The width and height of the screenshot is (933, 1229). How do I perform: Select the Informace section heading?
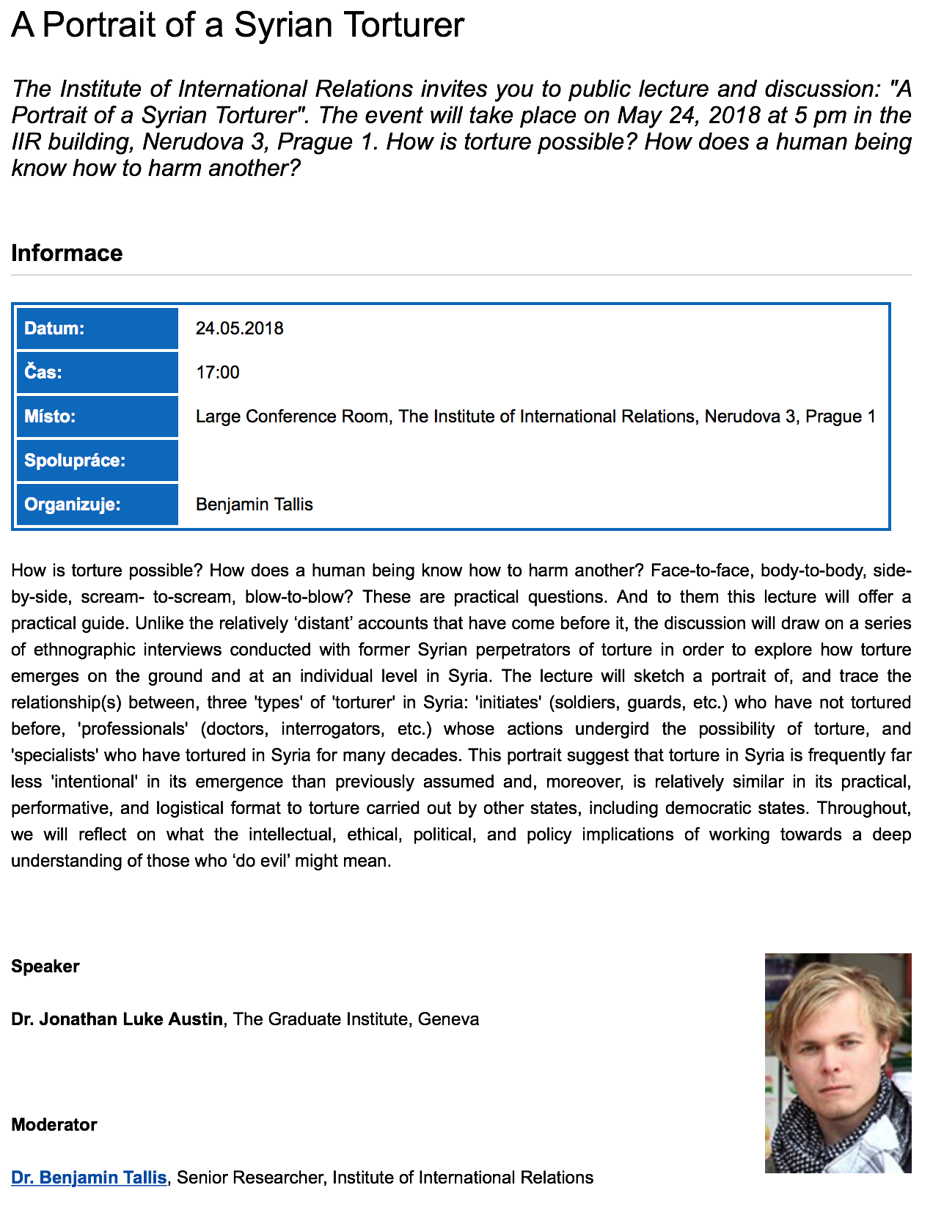67,253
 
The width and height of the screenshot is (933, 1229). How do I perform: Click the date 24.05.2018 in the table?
239,329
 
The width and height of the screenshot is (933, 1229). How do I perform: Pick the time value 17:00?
217,373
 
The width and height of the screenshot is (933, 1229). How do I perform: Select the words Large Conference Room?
292,417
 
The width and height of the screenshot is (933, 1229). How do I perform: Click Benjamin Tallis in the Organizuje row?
254,505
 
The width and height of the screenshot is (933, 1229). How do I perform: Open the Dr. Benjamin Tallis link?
89,1178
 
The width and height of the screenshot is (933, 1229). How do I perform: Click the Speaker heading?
45,966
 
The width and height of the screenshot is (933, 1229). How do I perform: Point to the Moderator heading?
54,1125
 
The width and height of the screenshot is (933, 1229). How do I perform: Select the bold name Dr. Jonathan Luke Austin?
117,1019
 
